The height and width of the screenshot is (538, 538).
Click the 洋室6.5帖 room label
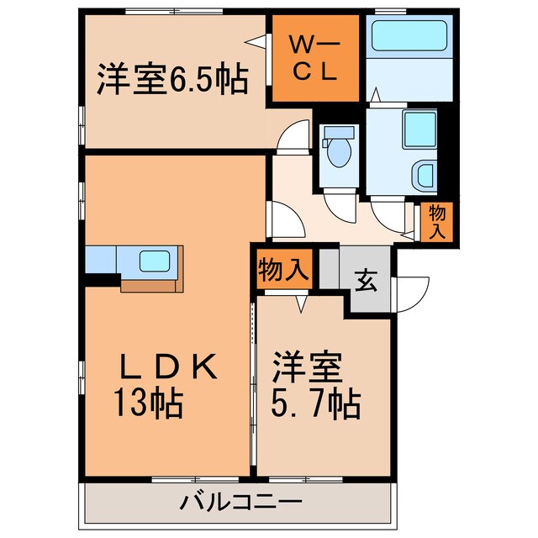pos(171,81)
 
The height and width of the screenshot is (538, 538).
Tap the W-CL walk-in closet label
pos(314,57)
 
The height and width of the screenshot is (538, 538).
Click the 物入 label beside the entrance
pos(283,271)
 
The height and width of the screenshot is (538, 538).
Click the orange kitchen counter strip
pos(151,285)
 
